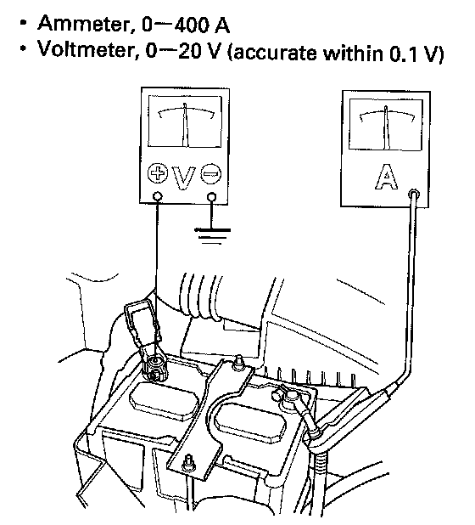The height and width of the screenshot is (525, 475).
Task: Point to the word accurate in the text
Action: (x=275, y=54)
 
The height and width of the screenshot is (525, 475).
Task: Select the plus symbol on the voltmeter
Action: (x=157, y=173)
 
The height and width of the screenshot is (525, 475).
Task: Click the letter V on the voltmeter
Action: (x=183, y=178)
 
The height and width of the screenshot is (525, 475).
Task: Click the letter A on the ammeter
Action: (x=386, y=177)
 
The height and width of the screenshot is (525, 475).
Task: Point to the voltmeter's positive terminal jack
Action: (x=158, y=196)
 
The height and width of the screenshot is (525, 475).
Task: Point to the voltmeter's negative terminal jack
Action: (x=211, y=197)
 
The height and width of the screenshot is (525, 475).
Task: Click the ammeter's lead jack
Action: (x=414, y=195)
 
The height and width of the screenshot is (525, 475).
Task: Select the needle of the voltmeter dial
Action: (x=186, y=125)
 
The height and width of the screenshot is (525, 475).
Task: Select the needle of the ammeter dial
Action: (x=387, y=127)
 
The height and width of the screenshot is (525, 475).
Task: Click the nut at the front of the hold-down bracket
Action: (x=189, y=464)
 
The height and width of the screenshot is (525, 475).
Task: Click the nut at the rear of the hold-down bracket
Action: (x=238, y=363)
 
